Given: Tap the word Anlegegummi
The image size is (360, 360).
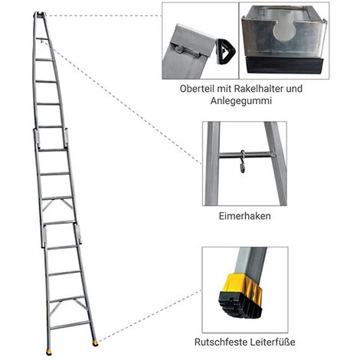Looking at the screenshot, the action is (241, 101).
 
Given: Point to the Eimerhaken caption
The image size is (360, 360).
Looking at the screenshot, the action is (244, 216).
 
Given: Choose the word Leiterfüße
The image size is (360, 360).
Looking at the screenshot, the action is (272, 342).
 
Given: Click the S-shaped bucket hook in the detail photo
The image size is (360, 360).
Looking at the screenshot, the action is (243, 162).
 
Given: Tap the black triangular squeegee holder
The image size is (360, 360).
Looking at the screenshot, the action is (226, 51).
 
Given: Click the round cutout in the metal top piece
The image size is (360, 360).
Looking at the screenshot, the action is (285, 30).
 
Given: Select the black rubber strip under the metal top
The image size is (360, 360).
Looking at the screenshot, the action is (284, 65).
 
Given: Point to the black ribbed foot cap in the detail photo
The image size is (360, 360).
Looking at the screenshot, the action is (240, 306).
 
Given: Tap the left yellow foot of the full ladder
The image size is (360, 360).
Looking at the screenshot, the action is (49, 352).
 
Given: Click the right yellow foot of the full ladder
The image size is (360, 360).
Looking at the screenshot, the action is (96, 343).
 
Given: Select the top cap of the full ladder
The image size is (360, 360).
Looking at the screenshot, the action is (40, 15).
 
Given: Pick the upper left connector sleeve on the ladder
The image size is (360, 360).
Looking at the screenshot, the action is (36, 138).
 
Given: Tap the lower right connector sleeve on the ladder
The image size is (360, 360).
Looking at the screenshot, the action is (78, 234).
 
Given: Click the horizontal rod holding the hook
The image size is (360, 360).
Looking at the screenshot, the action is (247, 154).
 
